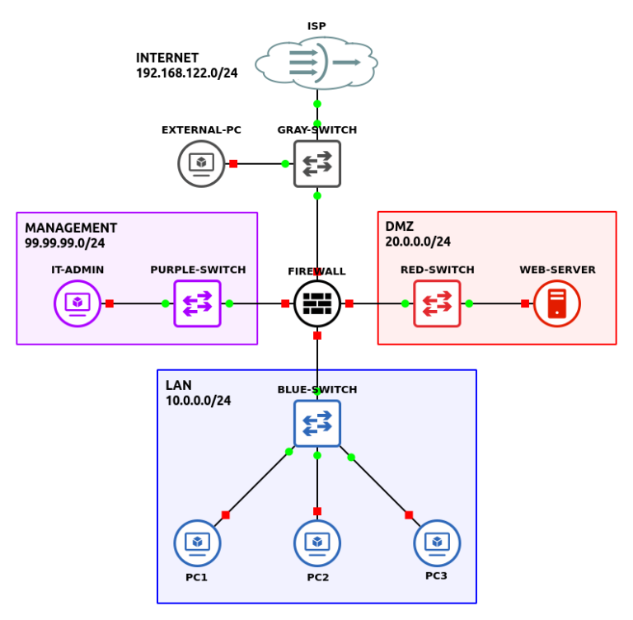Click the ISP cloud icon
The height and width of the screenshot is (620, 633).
(316, 63)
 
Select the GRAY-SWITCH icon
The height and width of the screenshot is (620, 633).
(316, 163)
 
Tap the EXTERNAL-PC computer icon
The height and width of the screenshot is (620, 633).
(201, 163)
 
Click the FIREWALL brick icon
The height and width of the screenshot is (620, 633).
(316, 303)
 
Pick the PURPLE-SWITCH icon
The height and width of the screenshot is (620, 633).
(197, 303)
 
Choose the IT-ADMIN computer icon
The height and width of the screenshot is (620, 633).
(77, 303)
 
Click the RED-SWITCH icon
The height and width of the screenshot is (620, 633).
(437, 303)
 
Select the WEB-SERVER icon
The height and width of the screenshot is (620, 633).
(557, 303)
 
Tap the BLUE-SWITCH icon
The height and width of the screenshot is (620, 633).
(316, 424)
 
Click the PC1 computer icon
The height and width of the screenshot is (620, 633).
(197, 543)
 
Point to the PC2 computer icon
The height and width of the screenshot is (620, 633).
(316, 543)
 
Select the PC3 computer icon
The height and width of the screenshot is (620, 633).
(437, 542)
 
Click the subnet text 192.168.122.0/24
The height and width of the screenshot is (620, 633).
(187, 73)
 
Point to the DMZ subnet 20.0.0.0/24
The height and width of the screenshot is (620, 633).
(418, 242)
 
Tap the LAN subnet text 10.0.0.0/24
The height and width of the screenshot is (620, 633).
(198, 401)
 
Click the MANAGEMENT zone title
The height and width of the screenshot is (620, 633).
(71, 228)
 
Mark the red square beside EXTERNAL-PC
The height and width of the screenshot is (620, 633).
(233, 163)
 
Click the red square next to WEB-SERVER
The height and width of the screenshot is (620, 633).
(525, 303)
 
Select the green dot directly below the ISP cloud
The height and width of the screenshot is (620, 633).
(316, 104)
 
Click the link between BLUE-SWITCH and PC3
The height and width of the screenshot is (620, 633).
(379, 486)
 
